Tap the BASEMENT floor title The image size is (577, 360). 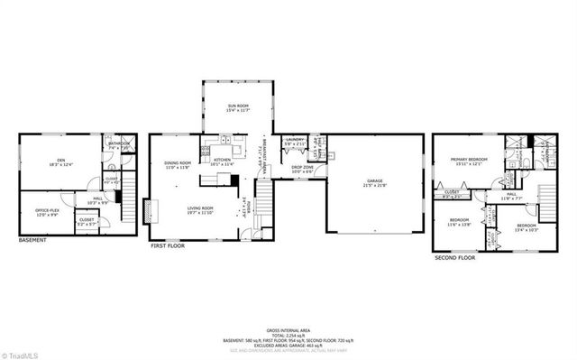pyautogui.click(x=33, y=241)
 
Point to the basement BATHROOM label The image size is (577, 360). pyautogui.click(x=119, y=143)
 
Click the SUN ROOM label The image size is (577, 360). pyautogui.click(x=237, y=107)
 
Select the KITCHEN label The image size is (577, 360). pyautogui.click(x=222, y=162)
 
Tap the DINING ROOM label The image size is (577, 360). pyautogui.click(x=178, y=163)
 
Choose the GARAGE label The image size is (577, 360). pyautogui.click(x=374, y=183)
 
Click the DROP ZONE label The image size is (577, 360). pyautogui.click(x=302, y=167)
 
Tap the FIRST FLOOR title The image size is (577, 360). pyautogui.click(x=167, y=245)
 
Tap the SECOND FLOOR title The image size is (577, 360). pyautogui.click(x=454, y=257)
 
